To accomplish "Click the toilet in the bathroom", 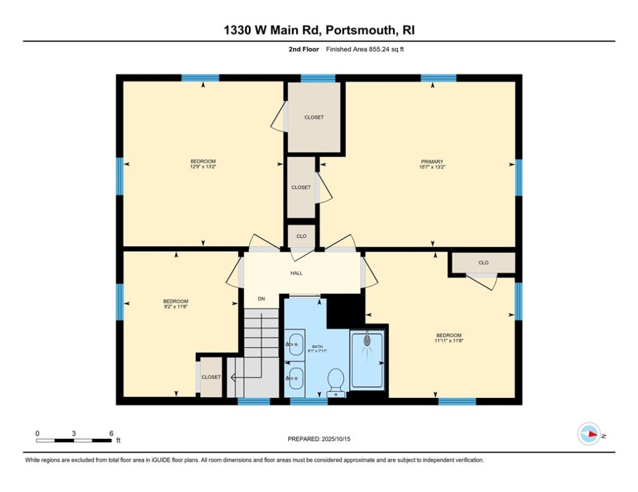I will coord(335,383).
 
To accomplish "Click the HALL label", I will coord(296,273).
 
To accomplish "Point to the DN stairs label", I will coord(261,299).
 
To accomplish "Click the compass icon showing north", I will coord(589,434).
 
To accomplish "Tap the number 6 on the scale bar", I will coord(111,433).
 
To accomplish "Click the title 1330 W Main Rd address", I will coord(319,30).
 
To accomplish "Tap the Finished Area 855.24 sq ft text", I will coord(365,49).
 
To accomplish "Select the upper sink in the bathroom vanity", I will coord(295,344).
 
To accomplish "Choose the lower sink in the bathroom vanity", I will coord(295,379).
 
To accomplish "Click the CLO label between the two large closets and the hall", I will coord(301,236).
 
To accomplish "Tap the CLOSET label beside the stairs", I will coord(211,377).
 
